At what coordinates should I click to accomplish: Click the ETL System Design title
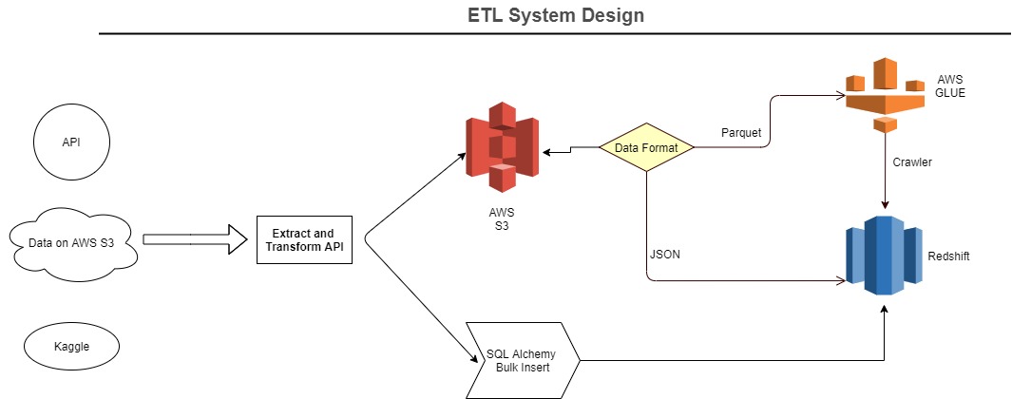556,15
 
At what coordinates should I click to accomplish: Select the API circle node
71,143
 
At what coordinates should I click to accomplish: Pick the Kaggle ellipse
71,346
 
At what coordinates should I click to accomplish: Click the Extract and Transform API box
304,239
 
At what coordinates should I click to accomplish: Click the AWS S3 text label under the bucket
501,218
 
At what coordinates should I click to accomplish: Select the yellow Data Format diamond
646,148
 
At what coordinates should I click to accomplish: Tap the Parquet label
740,132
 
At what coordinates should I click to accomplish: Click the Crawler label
912,162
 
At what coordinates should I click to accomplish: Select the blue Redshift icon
885,255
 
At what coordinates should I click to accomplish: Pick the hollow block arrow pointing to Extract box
195,238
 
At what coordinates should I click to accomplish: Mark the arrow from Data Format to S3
570,150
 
